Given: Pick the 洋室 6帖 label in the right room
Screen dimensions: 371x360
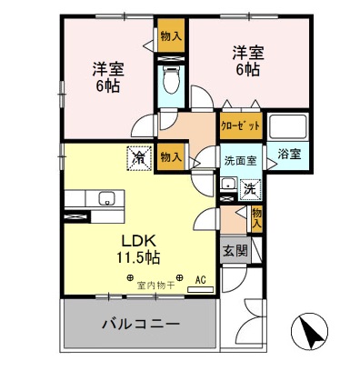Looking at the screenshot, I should point(245,62).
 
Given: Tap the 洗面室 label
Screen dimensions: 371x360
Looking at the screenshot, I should point(241,160).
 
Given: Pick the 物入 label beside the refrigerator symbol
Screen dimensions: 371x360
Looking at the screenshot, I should point(169,156).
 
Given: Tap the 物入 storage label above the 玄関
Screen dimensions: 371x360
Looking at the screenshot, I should point(257,217).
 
